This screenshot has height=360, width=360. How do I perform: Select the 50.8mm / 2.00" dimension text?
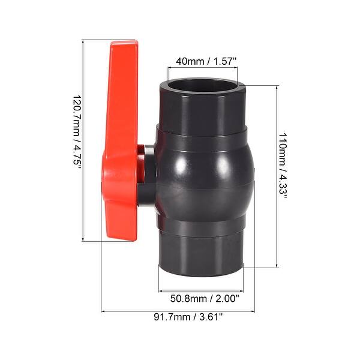(205, 297)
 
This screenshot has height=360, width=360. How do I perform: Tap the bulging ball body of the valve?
(204, 174)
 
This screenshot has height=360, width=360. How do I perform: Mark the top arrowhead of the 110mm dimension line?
(277, 86)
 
